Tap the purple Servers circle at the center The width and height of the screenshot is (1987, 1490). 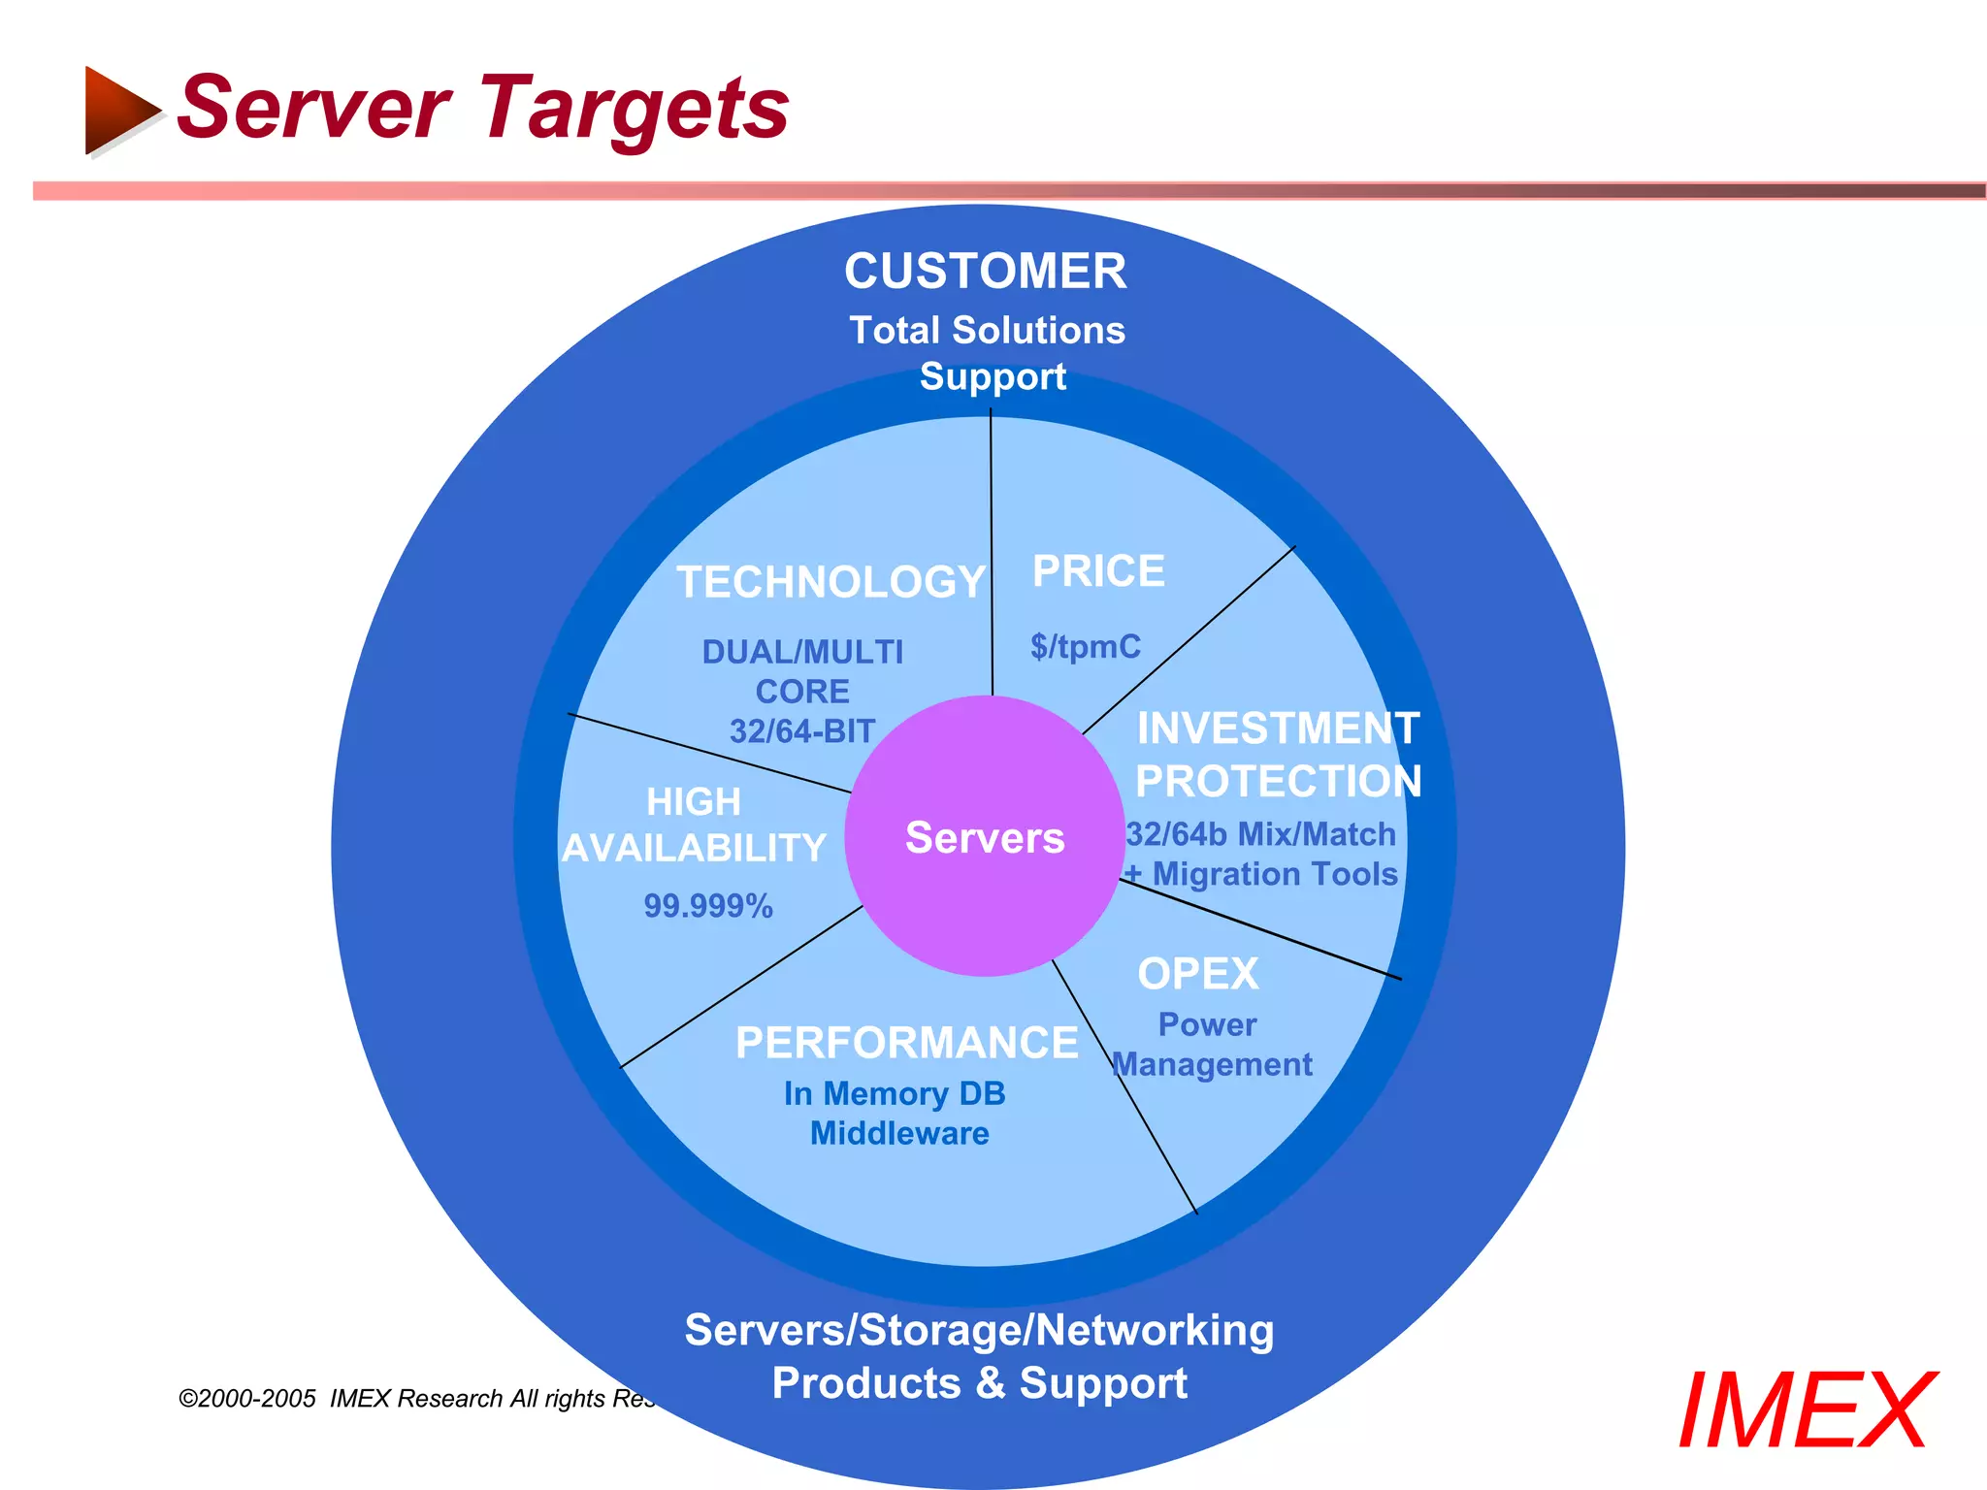[984, 837]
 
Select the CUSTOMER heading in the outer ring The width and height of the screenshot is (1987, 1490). [985, 271]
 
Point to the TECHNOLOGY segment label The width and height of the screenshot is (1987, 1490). [831, 582]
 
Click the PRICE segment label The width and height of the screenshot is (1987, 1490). [1098, 571]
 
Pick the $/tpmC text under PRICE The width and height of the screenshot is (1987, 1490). [1086, 646]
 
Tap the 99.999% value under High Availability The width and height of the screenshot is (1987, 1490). [708, 906]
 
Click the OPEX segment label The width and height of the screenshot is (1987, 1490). [1198, 974]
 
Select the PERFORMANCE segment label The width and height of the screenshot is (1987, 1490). [906, 1043]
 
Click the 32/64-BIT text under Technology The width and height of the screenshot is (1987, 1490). [802, 731]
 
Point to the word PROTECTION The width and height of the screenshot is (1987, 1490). [1278, 781]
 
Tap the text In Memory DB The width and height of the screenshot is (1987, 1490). [895, 1094]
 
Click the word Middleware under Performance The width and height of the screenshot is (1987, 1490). [899, 1134]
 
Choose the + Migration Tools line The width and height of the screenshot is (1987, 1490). [1261, 875]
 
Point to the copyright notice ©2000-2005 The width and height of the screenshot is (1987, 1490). [247, 1399]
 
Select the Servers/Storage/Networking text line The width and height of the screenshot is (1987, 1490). [979, 1330]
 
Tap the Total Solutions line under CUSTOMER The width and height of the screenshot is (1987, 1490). [987, 331]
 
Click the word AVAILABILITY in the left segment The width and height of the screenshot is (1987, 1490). [694, 849]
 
